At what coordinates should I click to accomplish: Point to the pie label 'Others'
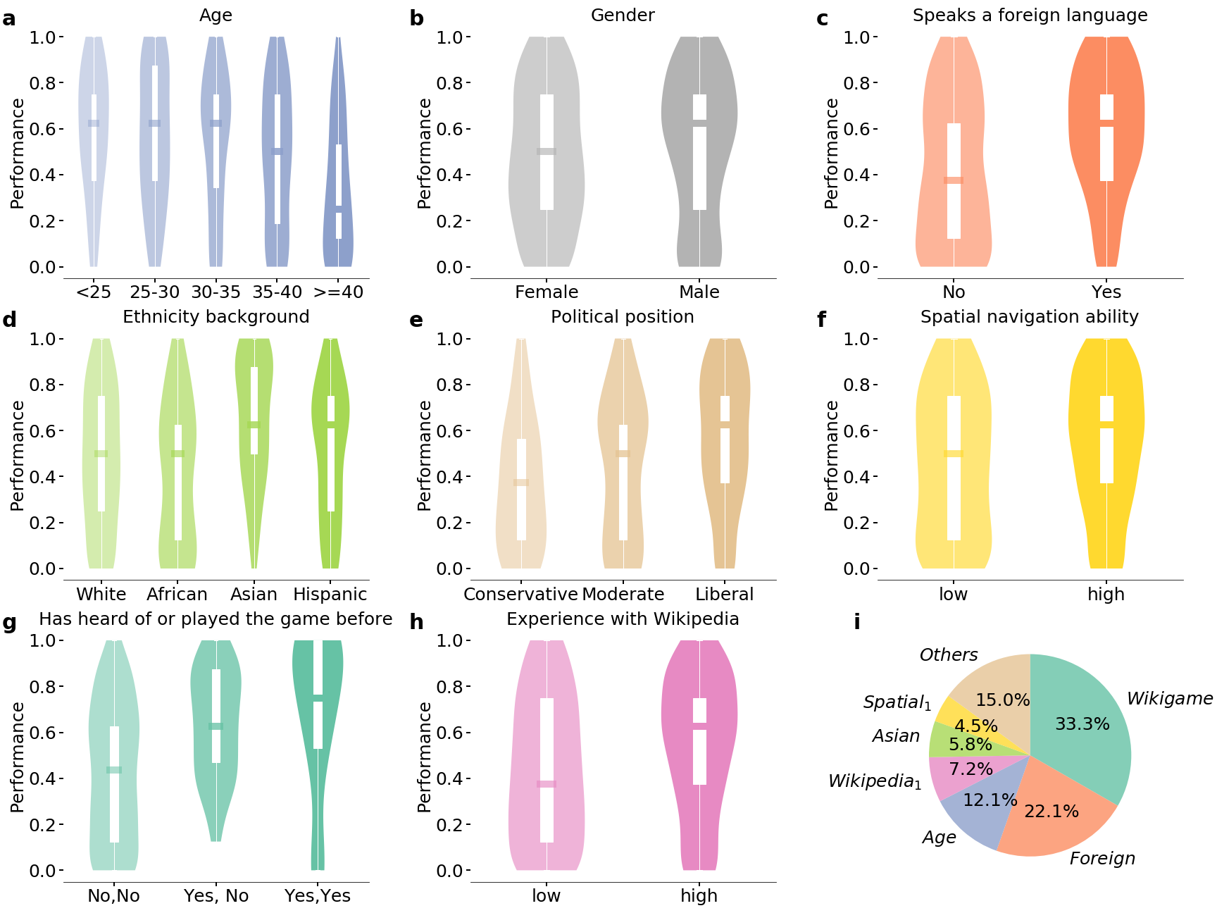948,655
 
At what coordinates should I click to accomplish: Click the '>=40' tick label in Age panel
338,292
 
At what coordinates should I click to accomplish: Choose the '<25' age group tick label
94,292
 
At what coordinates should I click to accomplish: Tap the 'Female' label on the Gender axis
547,292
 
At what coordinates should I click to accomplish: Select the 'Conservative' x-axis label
520,595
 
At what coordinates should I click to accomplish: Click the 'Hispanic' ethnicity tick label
330,595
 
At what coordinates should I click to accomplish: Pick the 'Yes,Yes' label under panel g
318,896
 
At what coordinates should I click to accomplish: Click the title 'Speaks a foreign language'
1030,15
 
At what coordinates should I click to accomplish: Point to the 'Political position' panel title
623,317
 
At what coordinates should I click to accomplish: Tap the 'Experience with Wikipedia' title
623,619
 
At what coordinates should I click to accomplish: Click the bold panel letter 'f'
821,321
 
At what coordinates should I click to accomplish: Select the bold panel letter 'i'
856,622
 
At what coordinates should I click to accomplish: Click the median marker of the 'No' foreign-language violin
954,180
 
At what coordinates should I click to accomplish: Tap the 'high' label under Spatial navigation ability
1106,595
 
